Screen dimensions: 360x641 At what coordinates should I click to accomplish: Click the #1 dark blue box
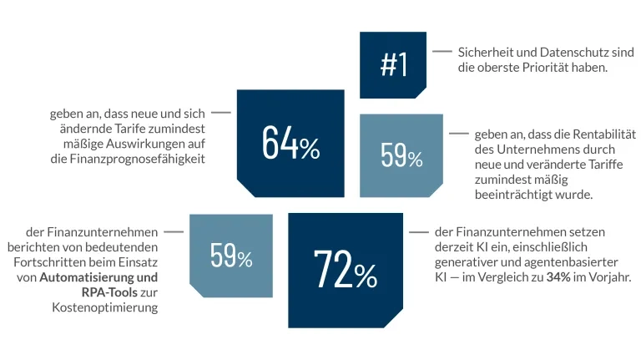tap(393, 64)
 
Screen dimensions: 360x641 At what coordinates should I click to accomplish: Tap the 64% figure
tap(290, 143)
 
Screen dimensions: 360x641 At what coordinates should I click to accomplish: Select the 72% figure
tap(345, 268)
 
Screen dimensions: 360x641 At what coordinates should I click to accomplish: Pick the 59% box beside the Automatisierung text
tap(231, 255)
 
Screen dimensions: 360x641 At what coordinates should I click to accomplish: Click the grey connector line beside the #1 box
tap(442, 52)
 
